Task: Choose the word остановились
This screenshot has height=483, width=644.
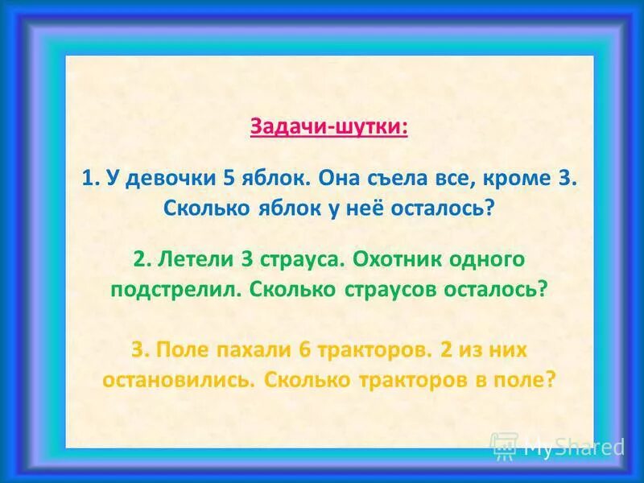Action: tap(177, 379)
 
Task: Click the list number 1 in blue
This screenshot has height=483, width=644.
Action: tap(88, 179)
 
